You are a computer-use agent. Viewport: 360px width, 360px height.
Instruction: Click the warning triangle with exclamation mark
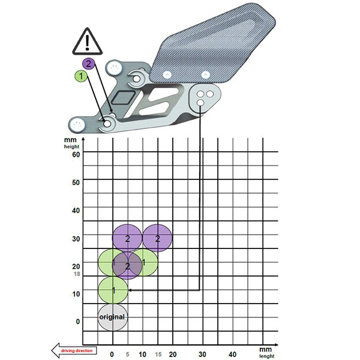point(87,42)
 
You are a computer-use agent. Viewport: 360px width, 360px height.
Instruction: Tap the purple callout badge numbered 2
point(88,64)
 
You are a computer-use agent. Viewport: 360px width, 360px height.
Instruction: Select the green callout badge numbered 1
point(81,76)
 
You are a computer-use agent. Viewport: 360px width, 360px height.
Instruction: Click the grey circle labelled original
point(113,317)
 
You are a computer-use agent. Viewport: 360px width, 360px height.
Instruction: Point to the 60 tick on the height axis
point(76,154)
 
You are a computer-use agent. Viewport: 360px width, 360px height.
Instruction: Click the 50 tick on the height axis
point(76,182)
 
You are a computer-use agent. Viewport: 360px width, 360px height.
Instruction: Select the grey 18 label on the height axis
point(77,274)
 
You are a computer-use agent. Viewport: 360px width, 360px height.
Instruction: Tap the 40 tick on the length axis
point(232,354)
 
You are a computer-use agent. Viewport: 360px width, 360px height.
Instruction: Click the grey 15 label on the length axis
point(158,355)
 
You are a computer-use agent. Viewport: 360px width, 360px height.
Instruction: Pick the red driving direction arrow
point(74,350)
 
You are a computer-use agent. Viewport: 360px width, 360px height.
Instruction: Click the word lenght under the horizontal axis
point(267,356)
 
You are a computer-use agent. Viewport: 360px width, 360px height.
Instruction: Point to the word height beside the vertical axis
point(71,146)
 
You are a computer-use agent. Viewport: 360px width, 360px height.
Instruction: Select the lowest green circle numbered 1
point(113,290)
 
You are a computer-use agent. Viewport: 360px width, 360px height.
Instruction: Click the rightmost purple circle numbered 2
point(157,238)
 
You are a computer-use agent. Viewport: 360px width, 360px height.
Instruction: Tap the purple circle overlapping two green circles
point(127,266)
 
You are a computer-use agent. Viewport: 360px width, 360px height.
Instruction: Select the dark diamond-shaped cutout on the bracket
point(123,98)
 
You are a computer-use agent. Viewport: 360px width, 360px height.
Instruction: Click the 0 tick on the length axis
point(112,354)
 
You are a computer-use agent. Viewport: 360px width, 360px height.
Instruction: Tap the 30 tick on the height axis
point(76,239)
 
